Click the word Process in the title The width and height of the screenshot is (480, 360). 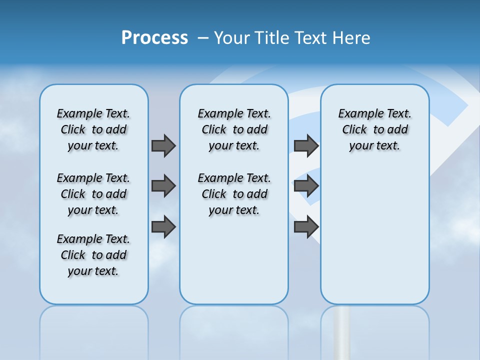(x=154, y=37)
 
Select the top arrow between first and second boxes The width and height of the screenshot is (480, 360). (x=163, y=145)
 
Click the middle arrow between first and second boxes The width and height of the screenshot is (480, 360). (x=163, y=186)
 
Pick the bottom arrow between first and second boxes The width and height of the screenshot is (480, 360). (x=163, y=227)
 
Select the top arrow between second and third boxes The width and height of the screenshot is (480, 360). (x=306, y=145)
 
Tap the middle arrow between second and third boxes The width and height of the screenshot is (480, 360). (x=306, y=186)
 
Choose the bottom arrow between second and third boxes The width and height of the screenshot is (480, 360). (x=306, y=227)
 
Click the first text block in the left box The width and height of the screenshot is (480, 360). (x=93, y=129)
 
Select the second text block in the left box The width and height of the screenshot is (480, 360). (x=93, y=194)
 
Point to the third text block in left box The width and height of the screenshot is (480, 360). (x=93, y=255)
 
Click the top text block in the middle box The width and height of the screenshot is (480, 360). (x=234, y=129)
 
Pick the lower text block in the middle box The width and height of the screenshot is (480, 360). (x=234, y=194)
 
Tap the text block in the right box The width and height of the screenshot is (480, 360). (x=374, y=129)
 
